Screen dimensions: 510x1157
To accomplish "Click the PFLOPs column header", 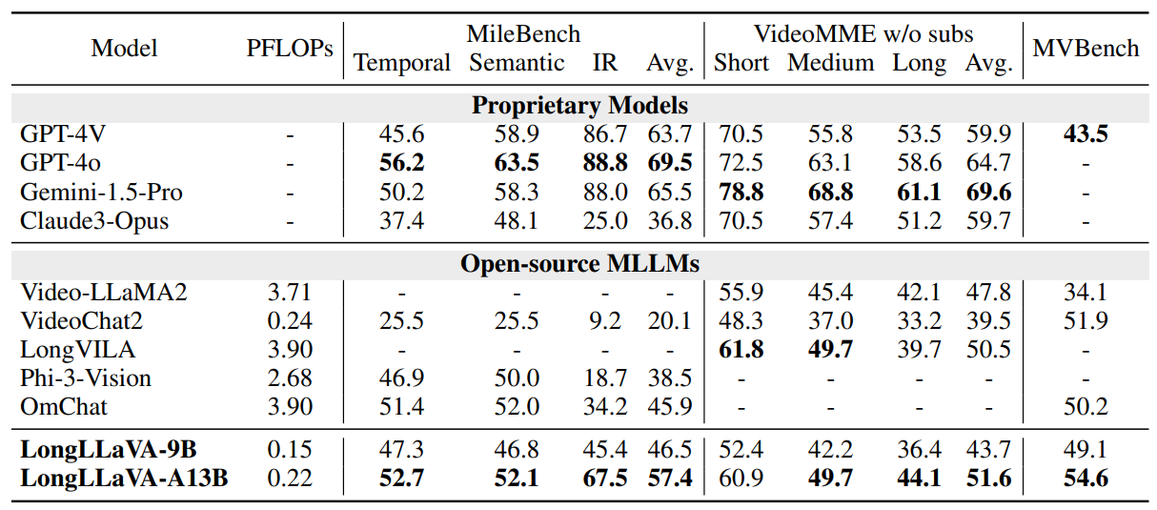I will pos(290,49).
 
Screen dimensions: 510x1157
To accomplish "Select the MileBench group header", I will pos(523,34).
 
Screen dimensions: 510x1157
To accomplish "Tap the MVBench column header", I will pos(1086,49).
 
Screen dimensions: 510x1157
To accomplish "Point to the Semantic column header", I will pos(517,63).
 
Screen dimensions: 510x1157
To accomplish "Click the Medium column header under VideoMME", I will pos(830,63).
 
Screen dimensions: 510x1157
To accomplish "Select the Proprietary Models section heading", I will pos(579,105).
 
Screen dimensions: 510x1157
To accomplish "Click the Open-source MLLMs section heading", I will pos(579,262).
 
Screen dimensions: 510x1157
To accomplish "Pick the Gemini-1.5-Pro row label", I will pos(101,192).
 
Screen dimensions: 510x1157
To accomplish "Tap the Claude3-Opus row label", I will pos(94,221).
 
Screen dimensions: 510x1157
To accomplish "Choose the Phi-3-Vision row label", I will pos(86,378).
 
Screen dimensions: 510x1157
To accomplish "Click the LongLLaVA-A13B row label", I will pos(124,478).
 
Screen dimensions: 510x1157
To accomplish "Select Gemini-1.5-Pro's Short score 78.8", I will pos(740,192).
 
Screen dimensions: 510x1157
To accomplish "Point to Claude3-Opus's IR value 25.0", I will pos(605,221).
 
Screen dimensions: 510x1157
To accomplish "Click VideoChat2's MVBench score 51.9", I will pos(1086,320).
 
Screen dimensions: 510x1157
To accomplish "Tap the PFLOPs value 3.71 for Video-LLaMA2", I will pos(290,292).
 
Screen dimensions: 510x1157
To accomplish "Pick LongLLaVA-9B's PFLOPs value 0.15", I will pos(290,449).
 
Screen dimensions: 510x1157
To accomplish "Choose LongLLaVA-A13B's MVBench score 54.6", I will pos(1086,478).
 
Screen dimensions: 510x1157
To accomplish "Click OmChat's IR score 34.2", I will pos(605,407).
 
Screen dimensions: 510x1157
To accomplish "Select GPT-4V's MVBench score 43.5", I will pos(1086,134).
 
